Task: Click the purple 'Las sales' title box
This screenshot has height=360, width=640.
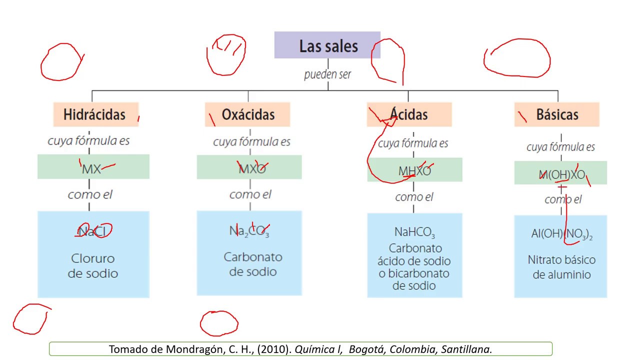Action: pyautogui.click(x=327, y=45)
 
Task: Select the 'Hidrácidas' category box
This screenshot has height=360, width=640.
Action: pyautogui.click(x=96, y=114)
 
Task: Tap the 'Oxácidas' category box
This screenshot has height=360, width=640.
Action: pyautogui.click(x=247, y=114)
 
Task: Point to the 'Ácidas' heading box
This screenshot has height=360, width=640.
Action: pyautogui.click(x=409, y=114)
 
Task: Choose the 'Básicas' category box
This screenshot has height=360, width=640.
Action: pyautogui.click(x=557, y=114)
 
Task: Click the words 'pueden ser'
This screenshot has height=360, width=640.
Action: pyautogui.click(x=327, y=74)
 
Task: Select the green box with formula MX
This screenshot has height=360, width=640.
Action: pyautogui.click(x=93, y=166)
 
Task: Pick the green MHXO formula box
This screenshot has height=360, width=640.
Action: pyautogui.click(x=414, y=169)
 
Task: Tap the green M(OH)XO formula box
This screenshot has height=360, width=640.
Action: pyautogui.click(x=560, y=172)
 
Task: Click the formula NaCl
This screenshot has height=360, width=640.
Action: pyautogui.click(x=92, y=231)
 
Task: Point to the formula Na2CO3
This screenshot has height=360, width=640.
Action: pyautogui.click(x=249, y=231)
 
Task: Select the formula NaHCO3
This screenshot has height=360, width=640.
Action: pyautogui.click(x=414, y=232)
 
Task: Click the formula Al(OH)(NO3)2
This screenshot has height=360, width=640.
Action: pyautogui.click(x=561, y=234)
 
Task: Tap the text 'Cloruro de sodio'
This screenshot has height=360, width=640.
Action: pyautogui.click(x=93, y=265)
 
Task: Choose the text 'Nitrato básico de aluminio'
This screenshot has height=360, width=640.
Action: pyautogui.click(x=561, y=267)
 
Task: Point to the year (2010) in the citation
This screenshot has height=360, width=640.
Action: pyautogui.click(x=274, y=349)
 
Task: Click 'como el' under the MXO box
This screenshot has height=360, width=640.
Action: pyautogui.click(x=250, y=194)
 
